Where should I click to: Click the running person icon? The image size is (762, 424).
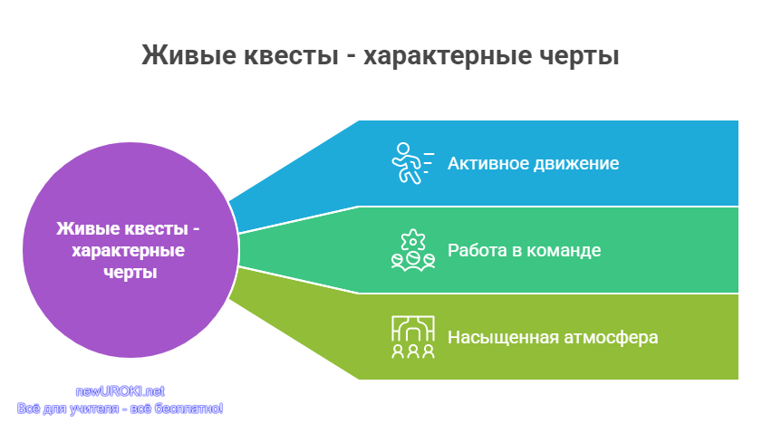pos(412,163)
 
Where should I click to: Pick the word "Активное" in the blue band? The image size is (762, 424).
pos(487,163)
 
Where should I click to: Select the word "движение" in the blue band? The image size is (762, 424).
pos(576,164)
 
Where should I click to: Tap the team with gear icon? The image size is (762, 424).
pos(412,250)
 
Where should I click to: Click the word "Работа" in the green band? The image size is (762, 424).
pos(477,250)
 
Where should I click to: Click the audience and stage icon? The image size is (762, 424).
pos(412,337)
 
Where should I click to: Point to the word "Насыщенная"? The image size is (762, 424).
pos(503,338)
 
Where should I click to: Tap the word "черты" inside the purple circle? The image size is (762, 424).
pos(130,273)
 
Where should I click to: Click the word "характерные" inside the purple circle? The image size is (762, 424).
pos(129,251)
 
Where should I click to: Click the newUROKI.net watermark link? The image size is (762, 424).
pos(120,391)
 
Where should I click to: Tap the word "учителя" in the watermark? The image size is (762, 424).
pos(94,409)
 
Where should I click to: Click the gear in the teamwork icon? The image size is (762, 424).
pos(413,239)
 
